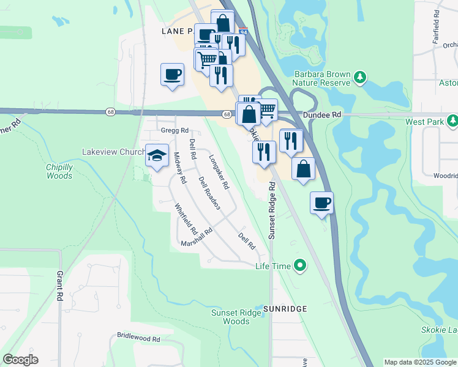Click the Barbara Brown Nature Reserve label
321,78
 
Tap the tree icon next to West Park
452,122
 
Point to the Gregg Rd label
175,130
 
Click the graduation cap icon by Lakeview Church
157,155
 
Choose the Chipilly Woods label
59,171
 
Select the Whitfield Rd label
186,220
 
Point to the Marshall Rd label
196,238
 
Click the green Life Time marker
299,265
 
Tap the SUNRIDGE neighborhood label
285,309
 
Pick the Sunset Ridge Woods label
230,317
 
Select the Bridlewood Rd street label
138,338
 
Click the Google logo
20,360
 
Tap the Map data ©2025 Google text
420,362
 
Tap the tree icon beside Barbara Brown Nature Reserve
361,76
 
